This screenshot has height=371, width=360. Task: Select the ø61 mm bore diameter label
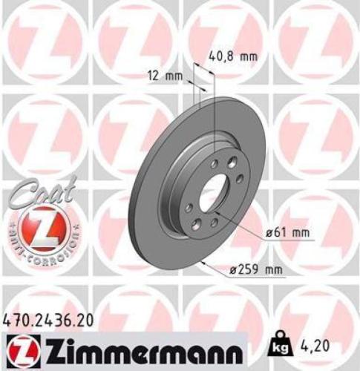289,233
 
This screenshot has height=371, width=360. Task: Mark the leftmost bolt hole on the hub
189,208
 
